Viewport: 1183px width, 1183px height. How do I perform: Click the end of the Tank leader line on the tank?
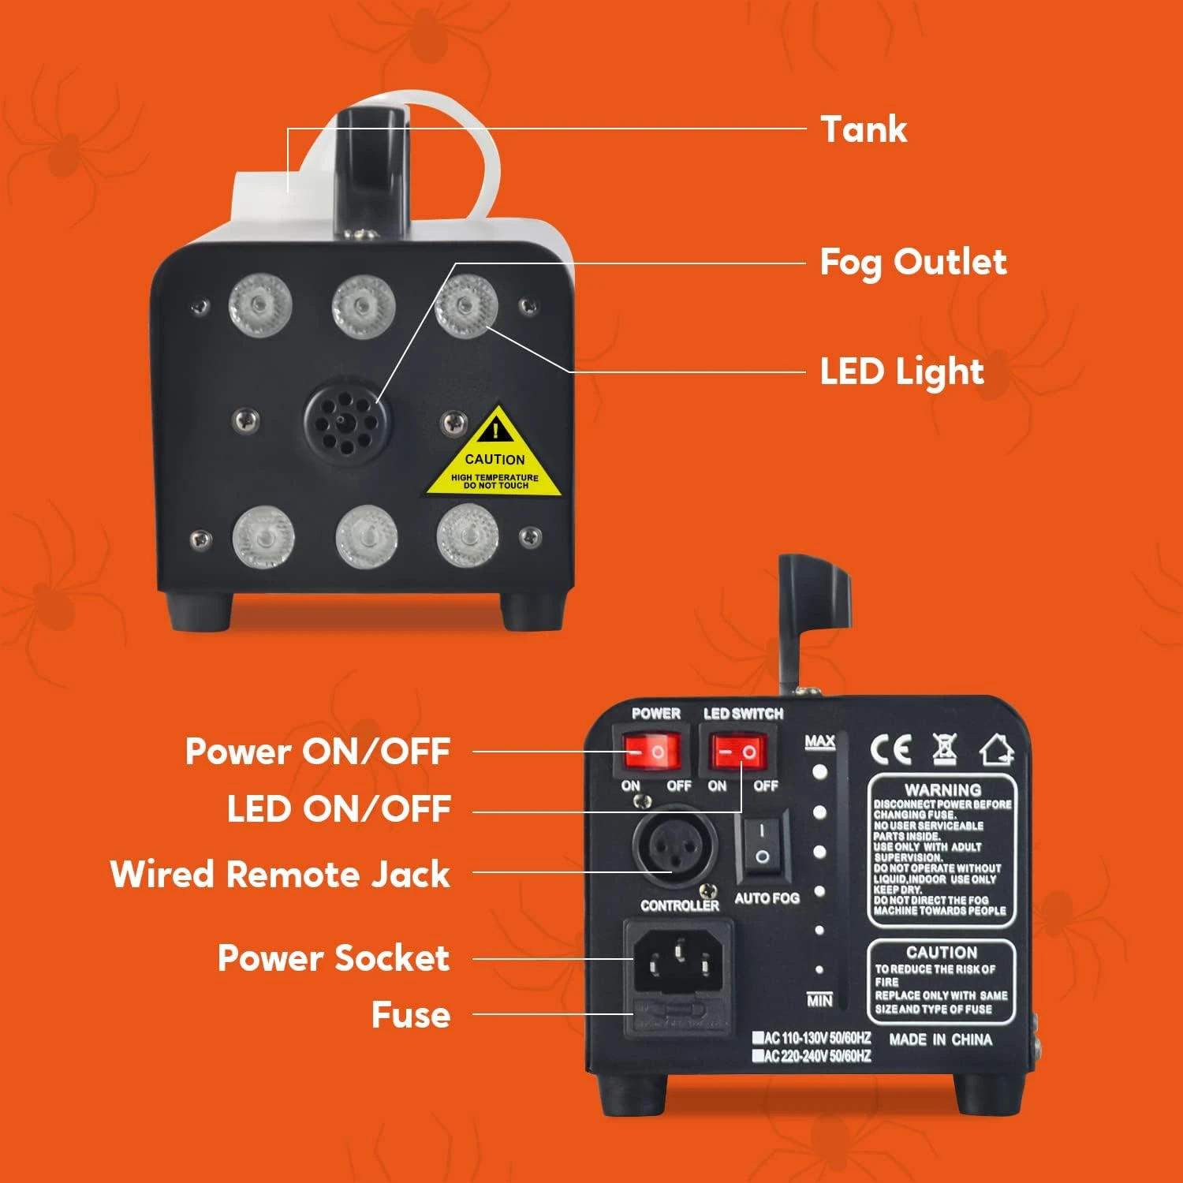point(288,192)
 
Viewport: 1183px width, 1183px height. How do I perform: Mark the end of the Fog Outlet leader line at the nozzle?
point(378,404)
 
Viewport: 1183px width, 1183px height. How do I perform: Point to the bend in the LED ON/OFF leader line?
point(741,812)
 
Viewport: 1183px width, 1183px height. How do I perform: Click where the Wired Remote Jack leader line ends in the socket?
point(672,872)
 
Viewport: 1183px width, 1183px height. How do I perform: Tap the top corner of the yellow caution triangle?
point(495,405)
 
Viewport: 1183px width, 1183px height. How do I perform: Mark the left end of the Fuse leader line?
point(473,1014)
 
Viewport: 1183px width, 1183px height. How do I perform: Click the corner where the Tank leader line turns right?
point(288,129)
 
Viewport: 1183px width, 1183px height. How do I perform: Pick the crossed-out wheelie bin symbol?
point(944,748)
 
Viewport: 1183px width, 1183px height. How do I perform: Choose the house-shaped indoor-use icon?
point(997,749)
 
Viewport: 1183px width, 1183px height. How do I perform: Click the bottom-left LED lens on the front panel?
point(263,539)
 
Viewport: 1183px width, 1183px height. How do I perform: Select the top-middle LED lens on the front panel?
point(363,305)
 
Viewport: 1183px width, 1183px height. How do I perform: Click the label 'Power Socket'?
point(334,957)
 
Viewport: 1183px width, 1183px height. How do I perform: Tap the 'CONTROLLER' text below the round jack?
point(680,905)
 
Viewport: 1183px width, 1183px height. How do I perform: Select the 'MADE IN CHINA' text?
point(940,1039)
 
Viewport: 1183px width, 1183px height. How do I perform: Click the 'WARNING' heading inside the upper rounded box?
point(942,789)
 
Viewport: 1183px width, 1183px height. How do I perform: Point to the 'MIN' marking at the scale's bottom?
point(819,1000)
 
